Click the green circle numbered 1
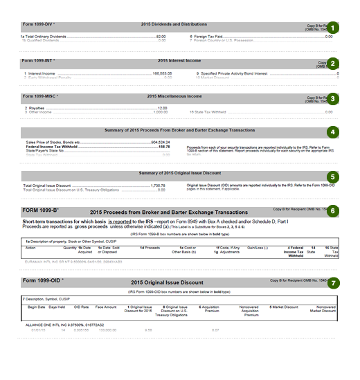point(334,28)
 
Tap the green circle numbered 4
point(334,132)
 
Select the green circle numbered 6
point(334,210)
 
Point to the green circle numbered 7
point(334,282)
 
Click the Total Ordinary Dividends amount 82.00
point(161,36)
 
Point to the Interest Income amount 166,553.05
point(160,72)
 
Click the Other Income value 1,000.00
point(159,112)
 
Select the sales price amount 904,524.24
point(159,142)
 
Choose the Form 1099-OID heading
point(42,282)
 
